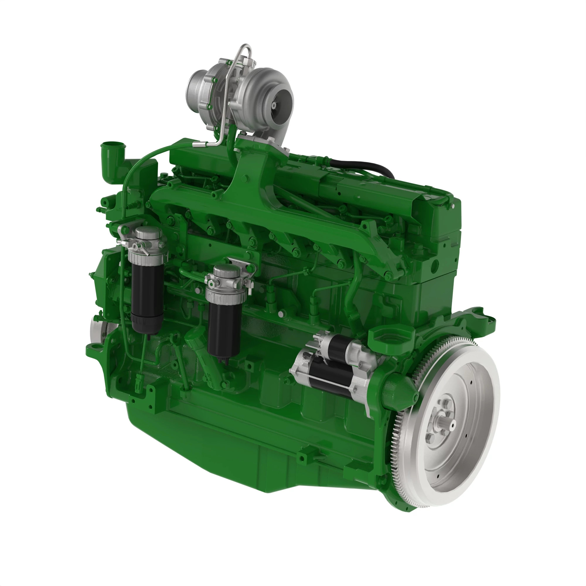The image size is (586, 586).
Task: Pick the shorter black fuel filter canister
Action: pyautogui.click(x=224, y=328)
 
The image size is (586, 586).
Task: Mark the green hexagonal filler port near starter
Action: pyautogui.click(x=391, y=337)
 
